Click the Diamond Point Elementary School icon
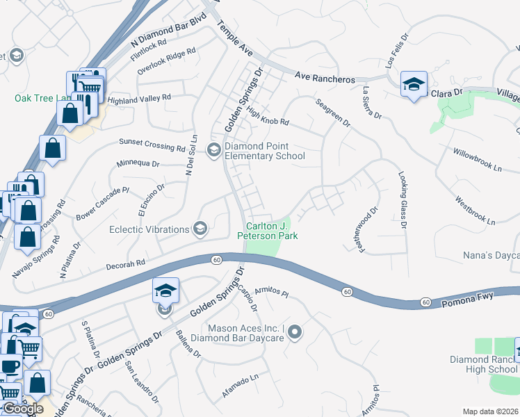point(214,149)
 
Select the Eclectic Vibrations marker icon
point(200,229)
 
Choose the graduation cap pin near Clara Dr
point(414,85)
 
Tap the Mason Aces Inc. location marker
point(295,333)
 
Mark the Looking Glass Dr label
point(401,200)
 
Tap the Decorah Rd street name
point(125,263)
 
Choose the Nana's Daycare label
point(491,256)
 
